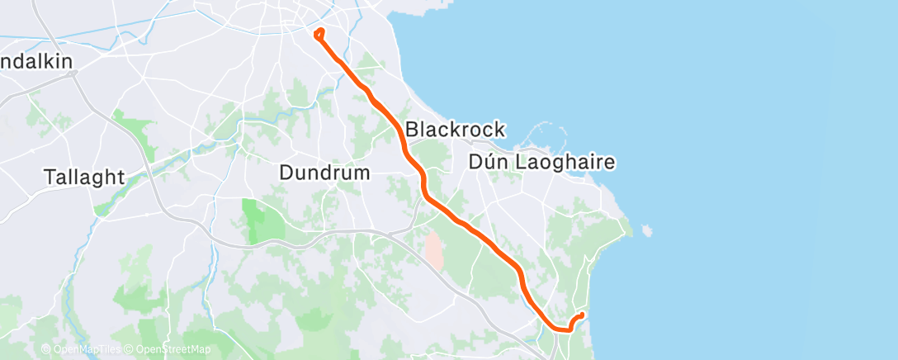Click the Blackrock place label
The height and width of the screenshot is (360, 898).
454,130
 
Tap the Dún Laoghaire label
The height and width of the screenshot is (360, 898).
541,163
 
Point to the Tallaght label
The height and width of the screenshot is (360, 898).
85,177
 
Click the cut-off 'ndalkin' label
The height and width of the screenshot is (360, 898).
36,62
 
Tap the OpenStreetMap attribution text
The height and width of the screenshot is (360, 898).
173,349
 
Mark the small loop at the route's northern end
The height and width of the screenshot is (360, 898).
319,33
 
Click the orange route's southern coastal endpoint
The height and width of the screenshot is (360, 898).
582,315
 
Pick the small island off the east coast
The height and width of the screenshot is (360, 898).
646,229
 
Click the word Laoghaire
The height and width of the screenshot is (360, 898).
565,163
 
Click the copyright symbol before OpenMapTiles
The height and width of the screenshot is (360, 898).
45,349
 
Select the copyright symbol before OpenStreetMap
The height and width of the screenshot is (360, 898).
130,349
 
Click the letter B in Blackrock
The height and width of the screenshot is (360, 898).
411,130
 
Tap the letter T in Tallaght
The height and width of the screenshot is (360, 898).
50,177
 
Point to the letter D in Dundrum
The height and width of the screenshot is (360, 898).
286,173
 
